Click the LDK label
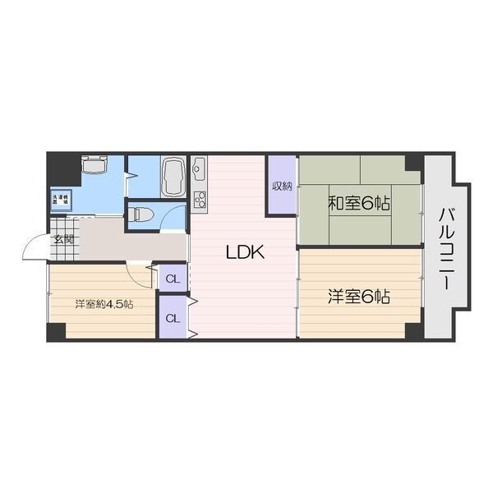(245, 253)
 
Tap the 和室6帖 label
(359, 202)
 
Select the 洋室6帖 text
(359, 297)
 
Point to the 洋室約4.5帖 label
(104, 304)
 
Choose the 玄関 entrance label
(64, 240)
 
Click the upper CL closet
(172, 279)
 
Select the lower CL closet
(172, 318)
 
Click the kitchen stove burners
(199, 200)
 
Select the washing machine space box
(62, 199)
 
